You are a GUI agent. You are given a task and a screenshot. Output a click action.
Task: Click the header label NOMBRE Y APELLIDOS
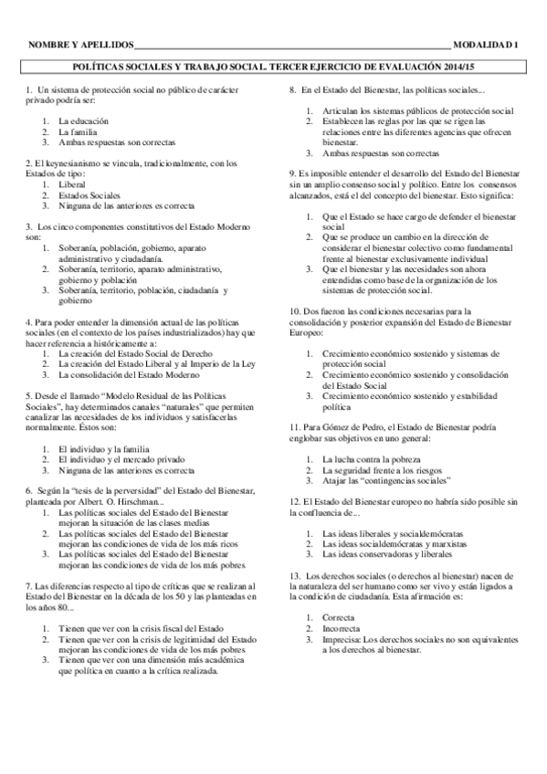[80, 45]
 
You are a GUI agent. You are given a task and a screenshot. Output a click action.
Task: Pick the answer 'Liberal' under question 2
[71, 183]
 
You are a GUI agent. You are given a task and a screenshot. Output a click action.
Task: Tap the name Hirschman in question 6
[139, 501]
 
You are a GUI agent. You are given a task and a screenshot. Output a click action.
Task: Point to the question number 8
[291, 90]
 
